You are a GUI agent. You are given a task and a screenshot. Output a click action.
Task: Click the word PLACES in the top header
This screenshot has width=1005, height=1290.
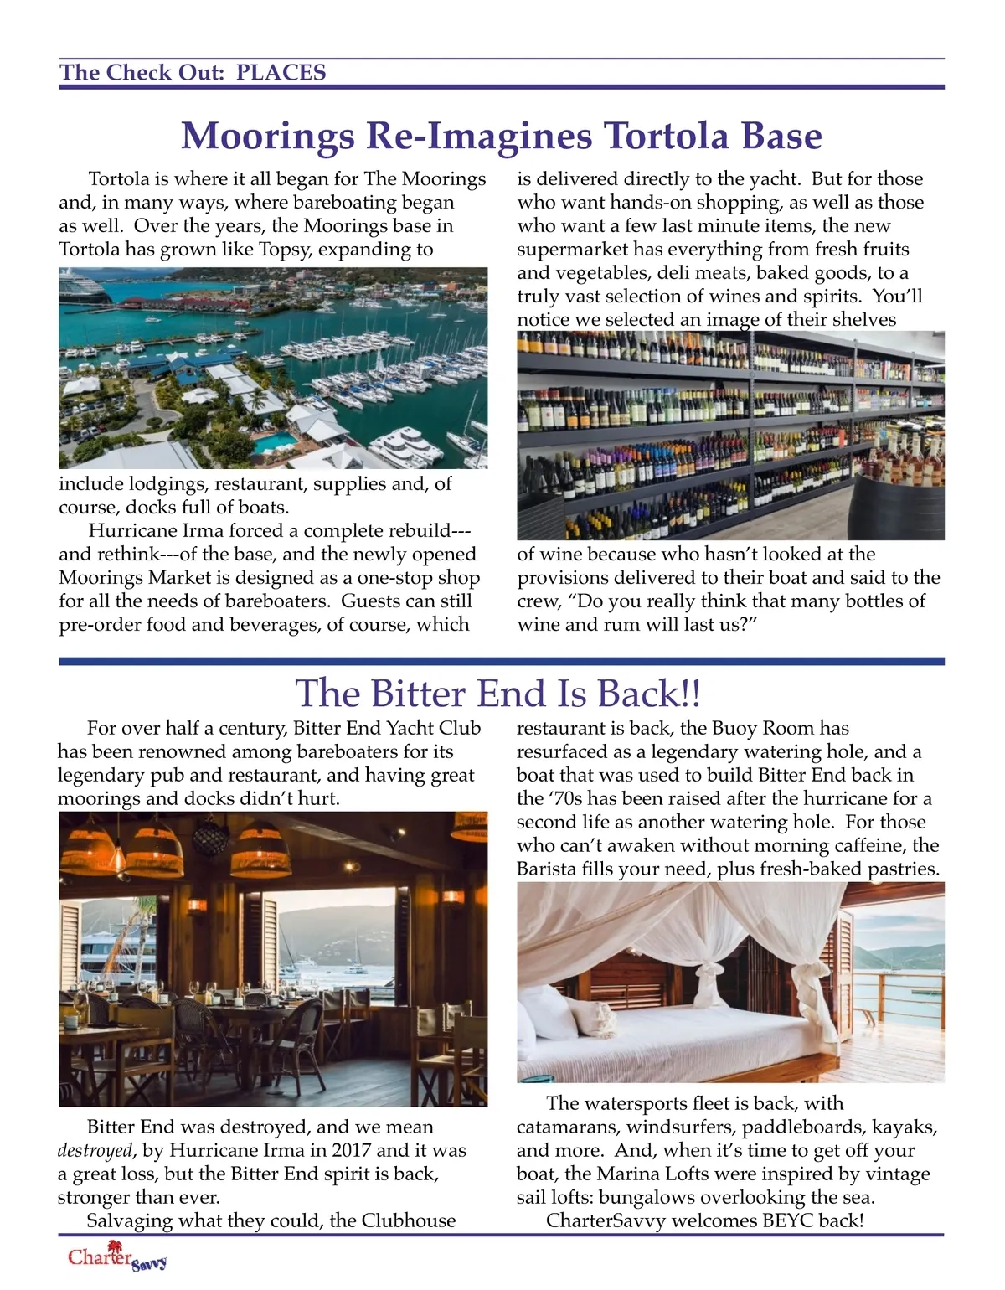281,73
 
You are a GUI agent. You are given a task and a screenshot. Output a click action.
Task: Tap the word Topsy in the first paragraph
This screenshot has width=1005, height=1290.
341,250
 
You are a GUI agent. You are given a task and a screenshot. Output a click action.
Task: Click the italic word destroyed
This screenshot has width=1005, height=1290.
95,1151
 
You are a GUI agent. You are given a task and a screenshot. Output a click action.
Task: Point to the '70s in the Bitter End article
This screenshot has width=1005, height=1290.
569,798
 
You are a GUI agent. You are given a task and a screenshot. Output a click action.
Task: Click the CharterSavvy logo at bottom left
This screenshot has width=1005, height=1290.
117,1260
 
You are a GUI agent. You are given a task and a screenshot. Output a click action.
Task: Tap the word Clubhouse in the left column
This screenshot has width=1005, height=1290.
409,1220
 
